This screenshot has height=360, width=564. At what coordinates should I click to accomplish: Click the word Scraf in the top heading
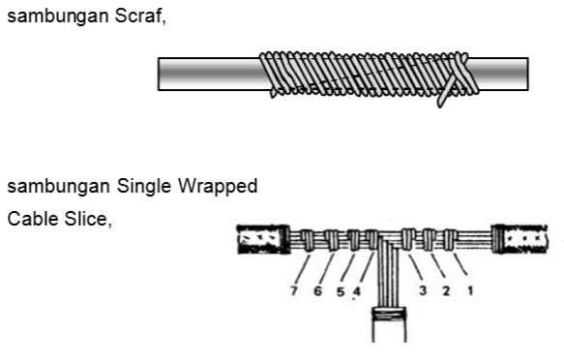pyautogui.click(x=140, y=16)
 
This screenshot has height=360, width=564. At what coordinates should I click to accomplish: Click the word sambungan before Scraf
pyautogui.click(x=58, y=17)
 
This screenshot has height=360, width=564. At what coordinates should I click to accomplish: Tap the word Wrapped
pyautogui.click(x=218, y=187)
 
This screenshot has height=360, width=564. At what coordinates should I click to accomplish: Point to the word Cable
pyautogui.click(x=33, y=219)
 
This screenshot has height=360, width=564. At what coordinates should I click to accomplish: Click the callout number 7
pyautogui.click(x=294, y=290)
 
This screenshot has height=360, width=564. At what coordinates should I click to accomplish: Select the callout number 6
pyautogui.click(x=317, y=290)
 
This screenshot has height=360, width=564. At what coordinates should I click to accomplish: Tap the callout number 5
pyautogui.click(x=341, y=291)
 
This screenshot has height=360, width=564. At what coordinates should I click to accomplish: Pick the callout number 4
pyautogui.click(x=356, y=291)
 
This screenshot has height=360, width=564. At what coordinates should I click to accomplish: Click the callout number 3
pyautogui.click(x=423, y=290)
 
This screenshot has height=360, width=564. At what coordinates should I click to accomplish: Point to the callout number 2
pyautogui.click(x=446, y=290)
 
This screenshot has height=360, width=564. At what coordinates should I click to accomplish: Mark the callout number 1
pyautogui.click(x=470, y=290)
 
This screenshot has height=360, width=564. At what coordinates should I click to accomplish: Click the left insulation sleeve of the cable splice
pyautogui.click(x=264, y=240)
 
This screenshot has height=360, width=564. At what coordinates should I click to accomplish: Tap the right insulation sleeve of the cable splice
pyautogui.click(x=520, y=239)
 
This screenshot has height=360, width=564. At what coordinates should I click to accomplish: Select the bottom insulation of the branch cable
pyautogui.click(x=389, y=324)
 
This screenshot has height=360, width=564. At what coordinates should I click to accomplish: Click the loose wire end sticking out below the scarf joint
pyautogui.click(x=445, y=94)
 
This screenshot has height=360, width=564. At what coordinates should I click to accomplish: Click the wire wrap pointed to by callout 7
pyautogui.click(x=309, y=240)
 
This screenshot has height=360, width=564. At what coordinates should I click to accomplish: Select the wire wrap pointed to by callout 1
pyautogui.click(x=450, y=240)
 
